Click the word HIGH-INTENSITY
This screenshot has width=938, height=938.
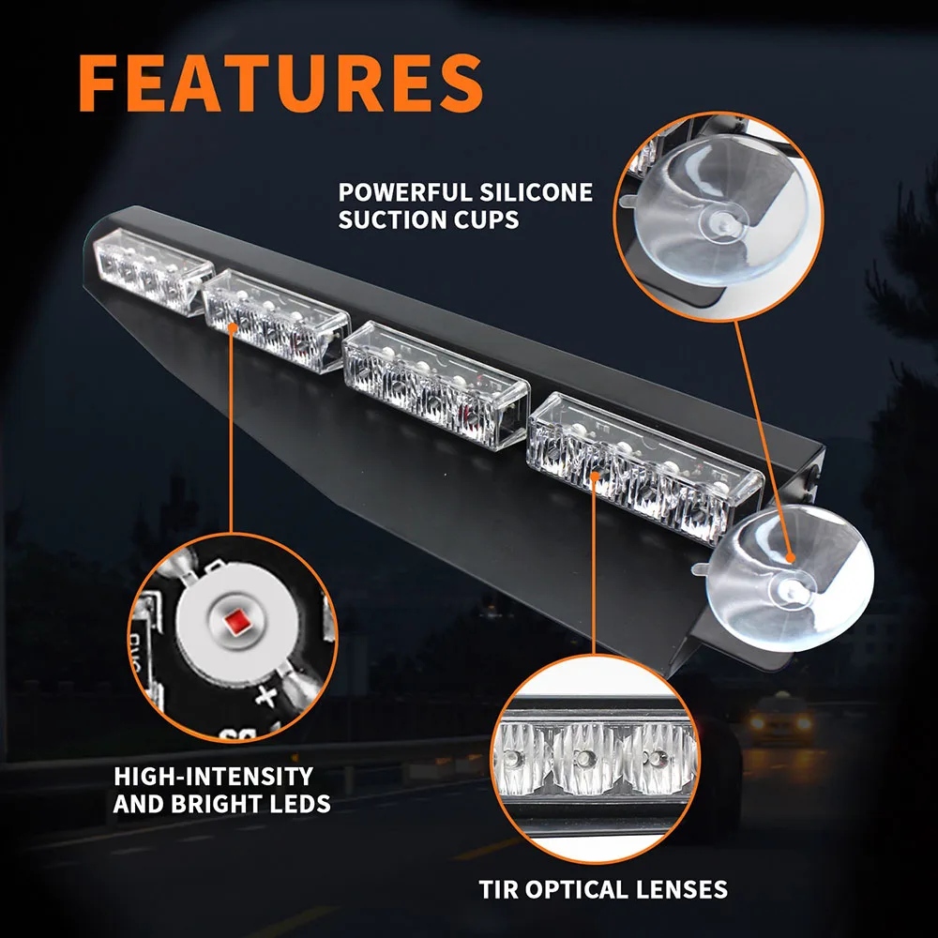pyautogui.click(x=213, y=777)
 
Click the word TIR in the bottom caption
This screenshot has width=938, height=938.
pyautogui.click(x=497, y=889)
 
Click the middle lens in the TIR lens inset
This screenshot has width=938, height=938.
pyautogui.click(x=583, y=755)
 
